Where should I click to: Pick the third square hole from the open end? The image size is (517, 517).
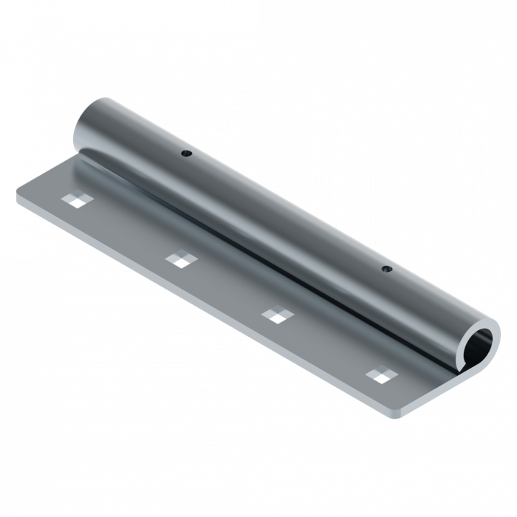click(x=178, y=258)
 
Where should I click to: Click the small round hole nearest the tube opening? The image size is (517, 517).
click(x=385, y=270)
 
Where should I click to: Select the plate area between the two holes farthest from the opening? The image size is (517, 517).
click(x=126, y=228)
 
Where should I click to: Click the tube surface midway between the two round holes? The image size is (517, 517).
click(x=284, y=211)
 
